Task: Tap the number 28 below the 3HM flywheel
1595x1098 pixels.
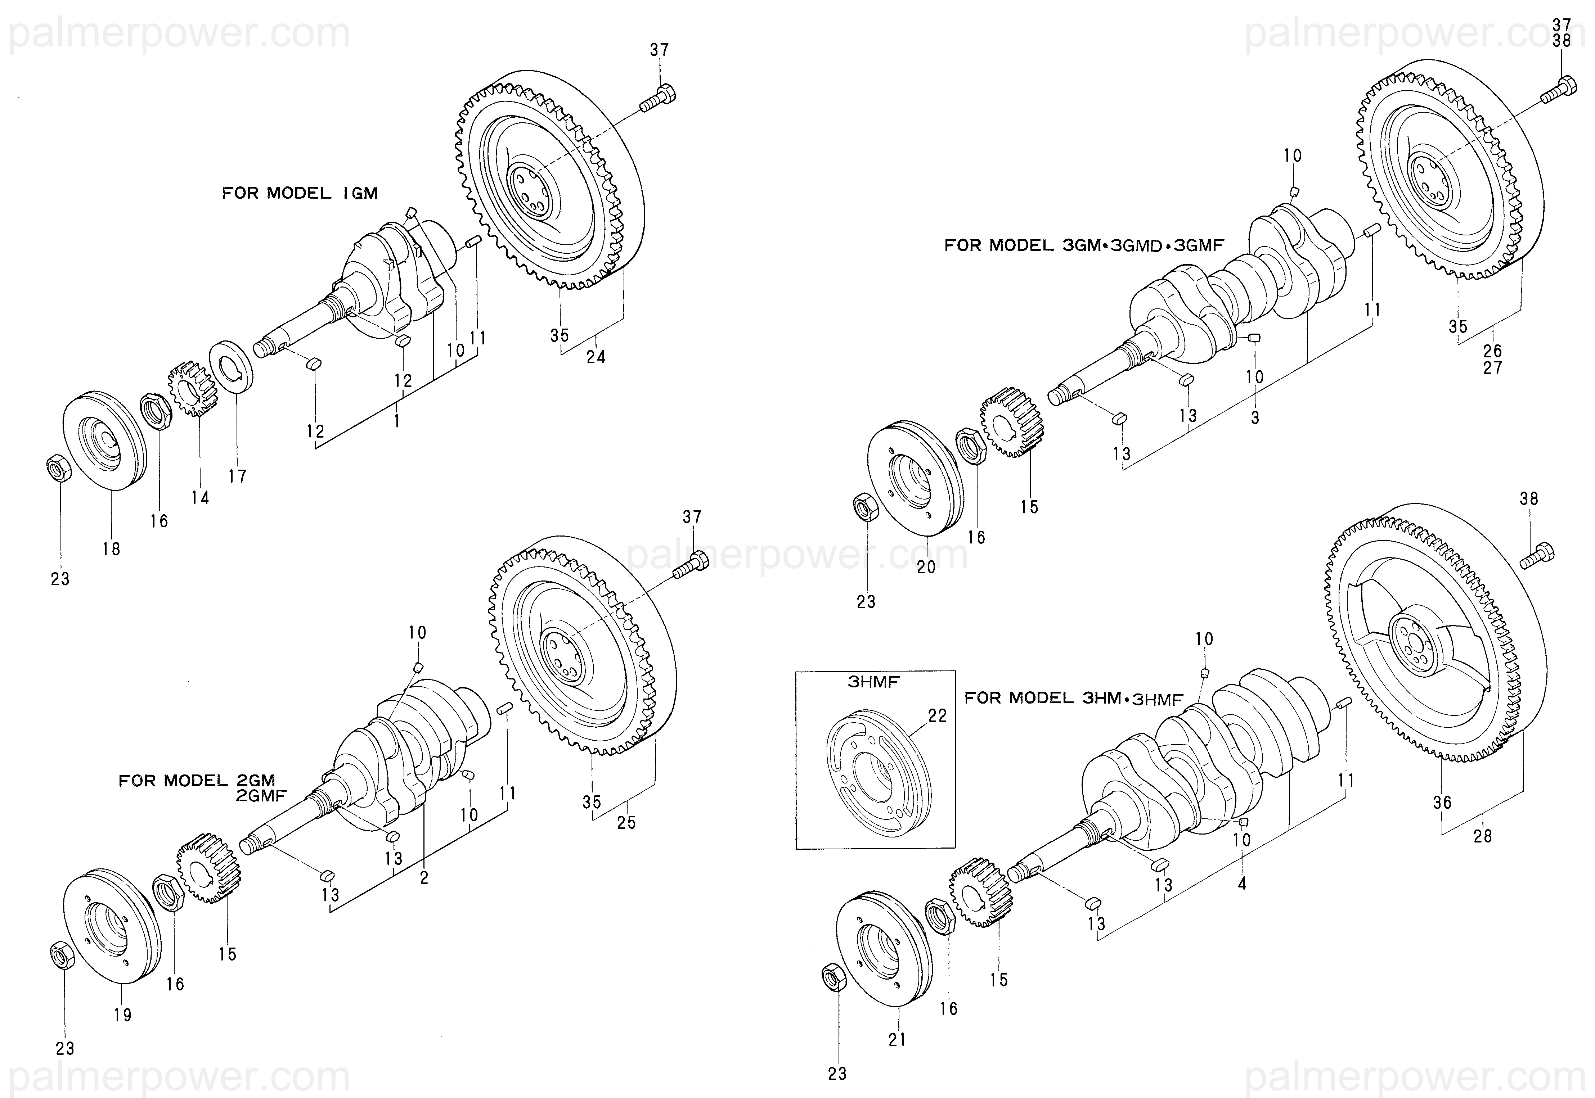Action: [x=1483, y=836]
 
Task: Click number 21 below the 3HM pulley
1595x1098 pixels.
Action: [x=897, y=1040]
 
